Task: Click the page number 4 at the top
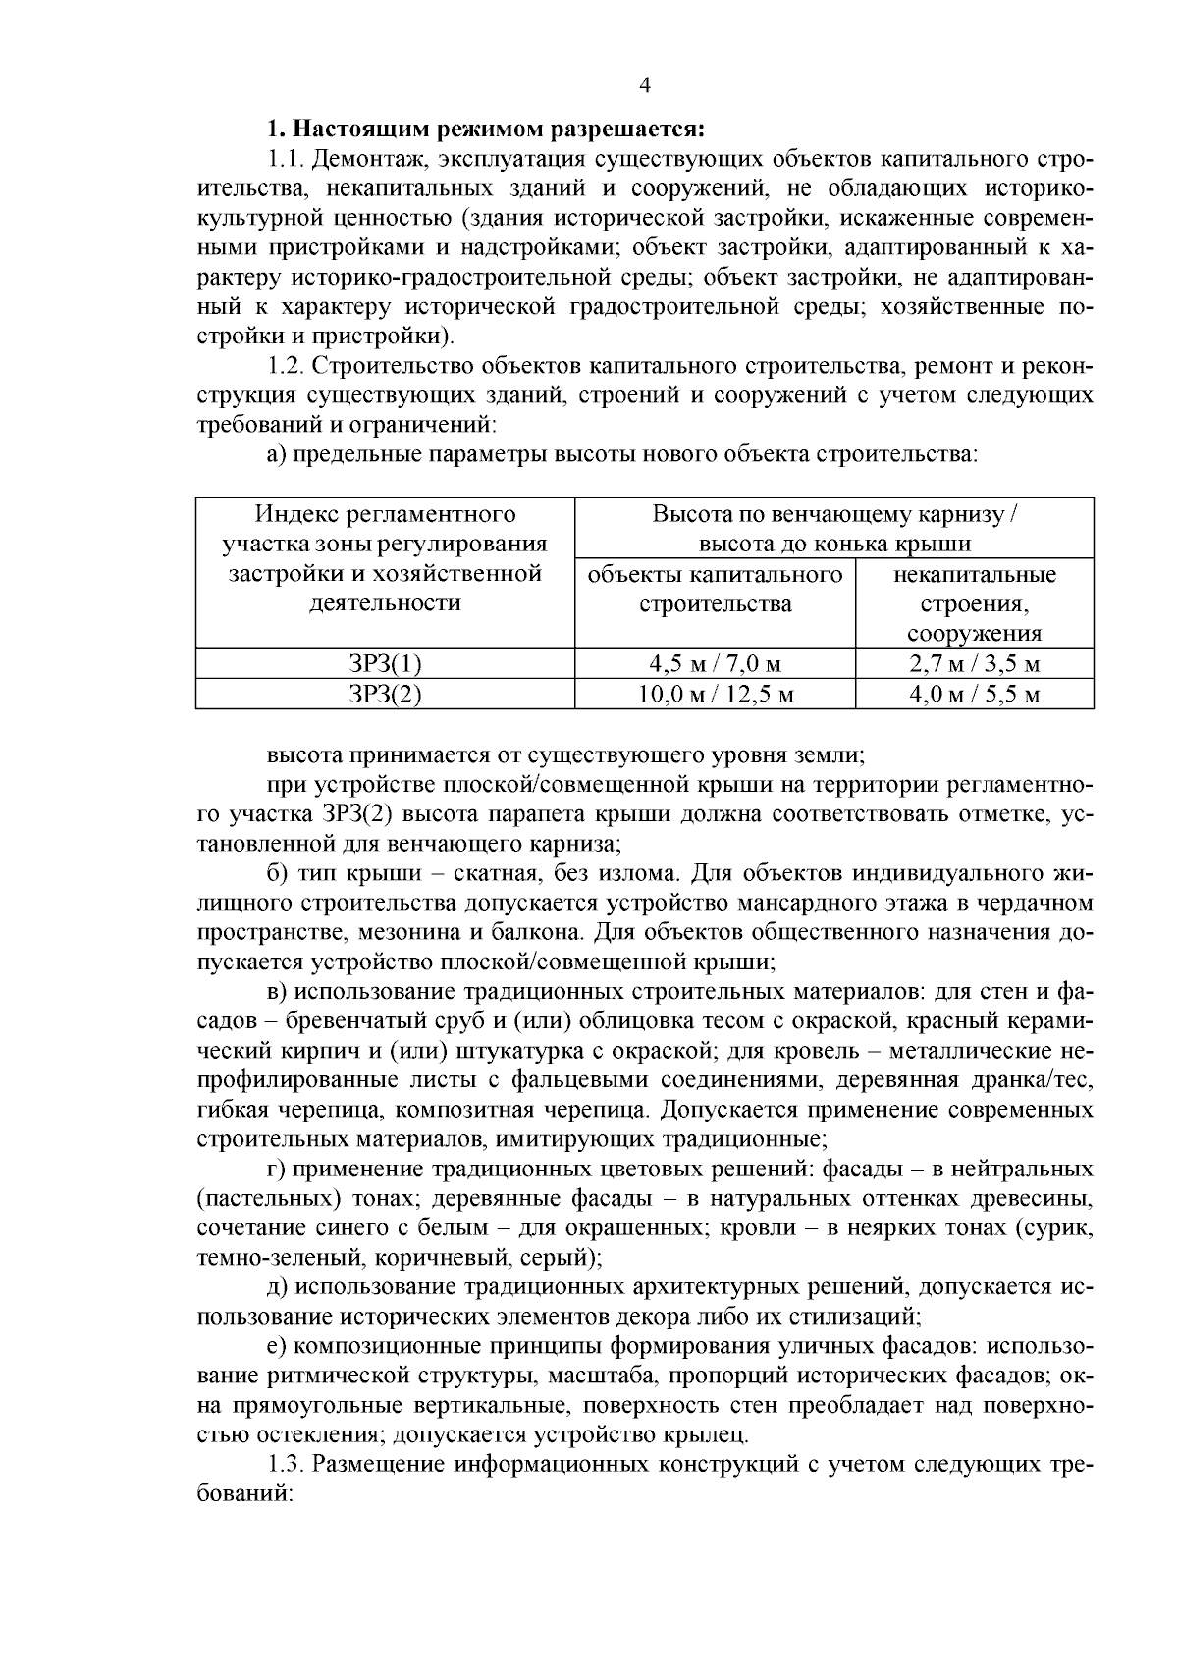(645, 85)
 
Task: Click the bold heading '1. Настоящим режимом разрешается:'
(487, 130)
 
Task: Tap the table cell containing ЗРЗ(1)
(385, 664)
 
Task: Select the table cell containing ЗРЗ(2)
(385, 695)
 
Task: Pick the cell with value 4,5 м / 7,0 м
(714, 664)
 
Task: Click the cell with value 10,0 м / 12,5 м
(714, 695)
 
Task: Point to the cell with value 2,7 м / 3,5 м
(974, 664)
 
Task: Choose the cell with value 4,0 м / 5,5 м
(974, 695)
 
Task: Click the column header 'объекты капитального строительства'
(714, 589)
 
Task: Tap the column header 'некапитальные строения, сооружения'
(974, 603)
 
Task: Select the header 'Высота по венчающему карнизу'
(833, 514)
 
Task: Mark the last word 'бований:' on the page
(246, 1494)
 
